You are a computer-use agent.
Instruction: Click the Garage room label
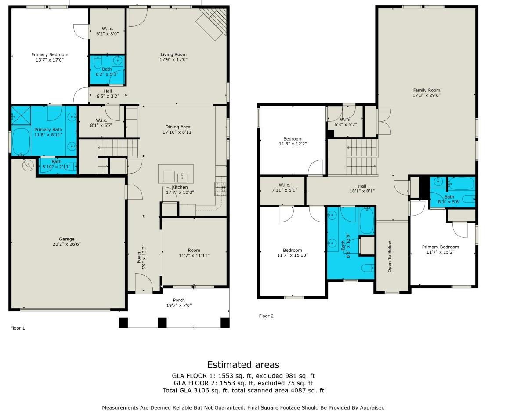(67, 239)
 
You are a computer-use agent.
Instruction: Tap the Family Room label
(426, 90)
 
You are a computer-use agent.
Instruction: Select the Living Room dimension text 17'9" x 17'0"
(173, 60)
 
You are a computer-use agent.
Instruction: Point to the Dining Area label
(178, 127)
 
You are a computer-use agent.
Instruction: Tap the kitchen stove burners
(220, 189)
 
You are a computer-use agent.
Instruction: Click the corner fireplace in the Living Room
(211, 24)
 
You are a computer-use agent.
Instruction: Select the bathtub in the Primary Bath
(21, 141)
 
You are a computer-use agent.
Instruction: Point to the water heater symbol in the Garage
(28, 165)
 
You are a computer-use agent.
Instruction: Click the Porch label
(179, 300)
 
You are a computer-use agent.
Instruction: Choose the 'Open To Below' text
(389, 256)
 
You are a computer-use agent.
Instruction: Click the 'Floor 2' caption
(266, 316)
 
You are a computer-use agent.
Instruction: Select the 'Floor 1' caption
(18, 328)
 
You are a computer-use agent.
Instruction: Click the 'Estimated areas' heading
(243, 365)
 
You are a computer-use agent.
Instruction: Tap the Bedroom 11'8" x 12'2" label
(292, 141)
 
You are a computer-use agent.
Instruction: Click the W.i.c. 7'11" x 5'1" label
(282, 188)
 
